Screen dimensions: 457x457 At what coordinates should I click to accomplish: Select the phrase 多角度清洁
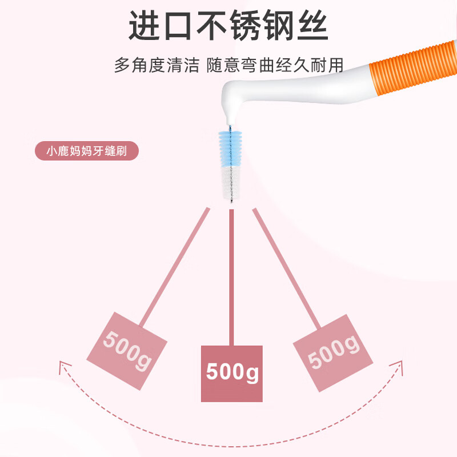(x=156, y=65)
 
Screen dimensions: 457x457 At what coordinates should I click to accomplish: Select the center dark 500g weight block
(x=232, y=372)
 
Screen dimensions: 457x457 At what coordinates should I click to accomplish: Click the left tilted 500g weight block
(x=126, y=351)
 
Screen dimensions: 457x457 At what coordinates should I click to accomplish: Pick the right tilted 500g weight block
(x=332, y=351)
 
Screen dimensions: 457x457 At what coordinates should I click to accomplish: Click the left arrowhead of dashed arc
(x=62, y=366)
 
